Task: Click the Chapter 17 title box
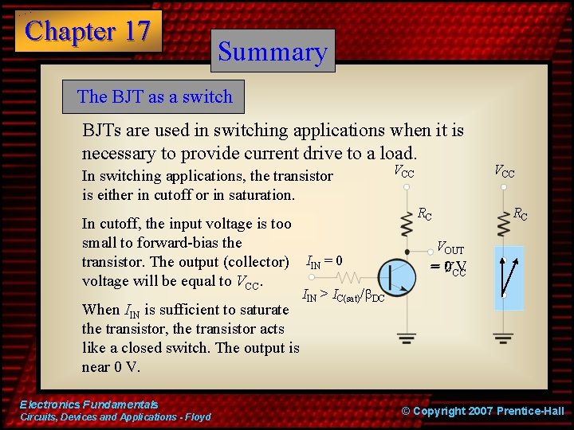coord(88,31)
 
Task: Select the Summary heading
coord(273,51)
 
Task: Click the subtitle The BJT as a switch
coord(155,97)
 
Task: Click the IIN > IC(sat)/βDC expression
coord(343,296)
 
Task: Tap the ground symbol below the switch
coord(503,336)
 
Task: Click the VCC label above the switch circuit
coord(504,171)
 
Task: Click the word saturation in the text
coord(259,195)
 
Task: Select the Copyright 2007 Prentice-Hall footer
coord(482,411)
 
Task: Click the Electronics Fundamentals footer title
coord(89,405)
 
